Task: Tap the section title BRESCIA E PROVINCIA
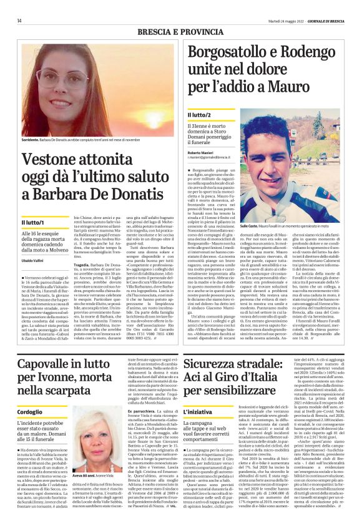[180, 30]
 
